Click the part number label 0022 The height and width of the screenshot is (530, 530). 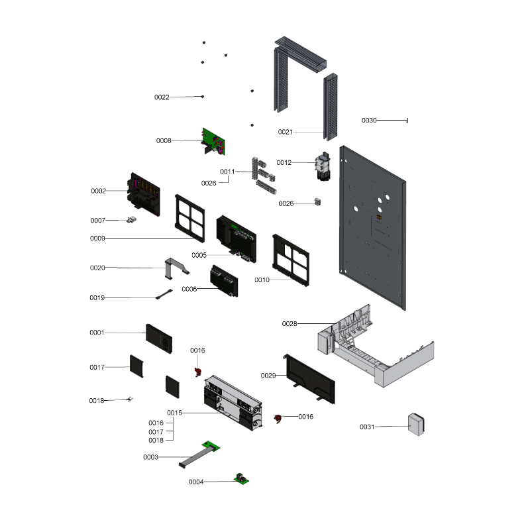pos(162,97)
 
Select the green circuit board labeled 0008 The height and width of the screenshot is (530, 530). pos(213,140)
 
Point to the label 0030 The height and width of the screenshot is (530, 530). pos(369,121)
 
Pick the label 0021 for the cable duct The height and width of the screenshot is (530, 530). pos(285,132)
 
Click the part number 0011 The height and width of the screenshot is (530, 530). pos(227,172)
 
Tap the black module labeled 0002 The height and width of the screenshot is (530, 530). pos(144,192)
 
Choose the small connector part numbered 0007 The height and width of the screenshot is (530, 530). pos(132,220)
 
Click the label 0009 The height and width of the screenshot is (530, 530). pos(97,238)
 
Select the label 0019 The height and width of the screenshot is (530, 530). pos(97,298)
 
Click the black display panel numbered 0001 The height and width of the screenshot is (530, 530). pos(159,339)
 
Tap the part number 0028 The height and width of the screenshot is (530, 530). pos(290,323)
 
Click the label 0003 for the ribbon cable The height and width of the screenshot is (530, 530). pos(150,458)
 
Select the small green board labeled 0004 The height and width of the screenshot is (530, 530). pos(241,479)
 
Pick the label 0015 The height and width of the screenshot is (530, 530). pos(174,413)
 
